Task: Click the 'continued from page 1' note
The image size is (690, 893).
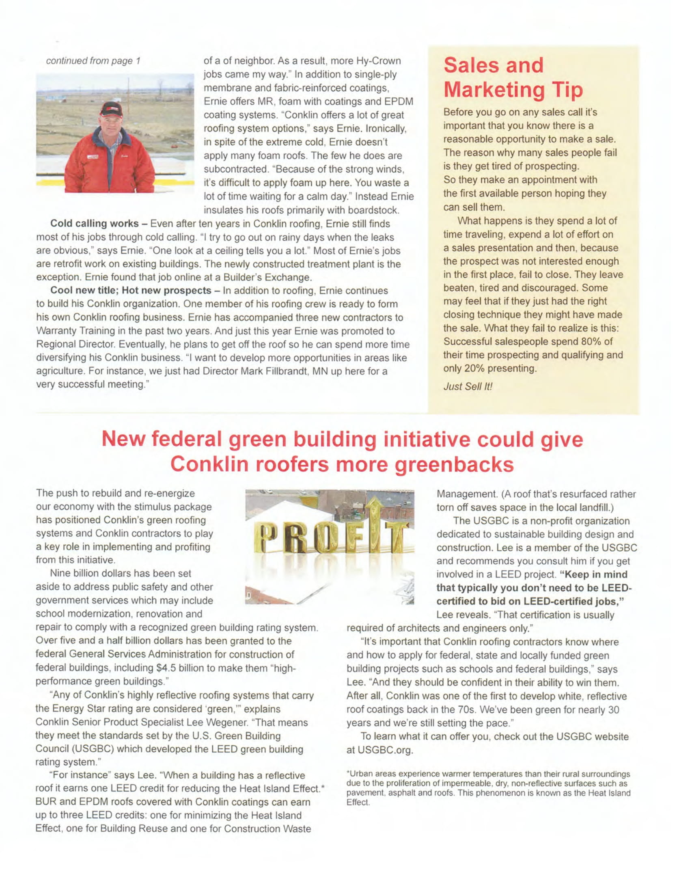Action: point(93,61)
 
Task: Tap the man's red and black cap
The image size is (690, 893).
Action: point(111,109)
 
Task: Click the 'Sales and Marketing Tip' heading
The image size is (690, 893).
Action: point(513,78)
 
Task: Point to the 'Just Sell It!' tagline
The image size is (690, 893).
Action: point(468,386)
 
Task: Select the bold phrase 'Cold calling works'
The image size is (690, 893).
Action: point(95,224)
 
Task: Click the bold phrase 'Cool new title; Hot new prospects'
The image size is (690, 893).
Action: point(130,291)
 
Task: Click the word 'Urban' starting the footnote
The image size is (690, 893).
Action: point(358,774)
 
